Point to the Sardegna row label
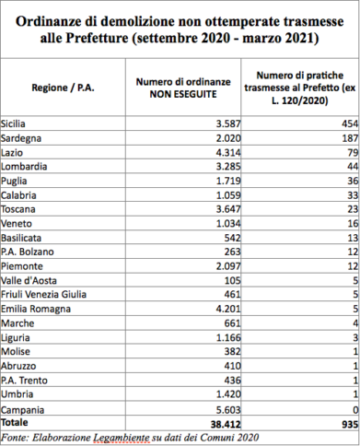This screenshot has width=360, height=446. (23, 136)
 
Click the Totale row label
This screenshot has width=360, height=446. (17, 420)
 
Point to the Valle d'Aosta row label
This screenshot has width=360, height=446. (29, 278)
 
